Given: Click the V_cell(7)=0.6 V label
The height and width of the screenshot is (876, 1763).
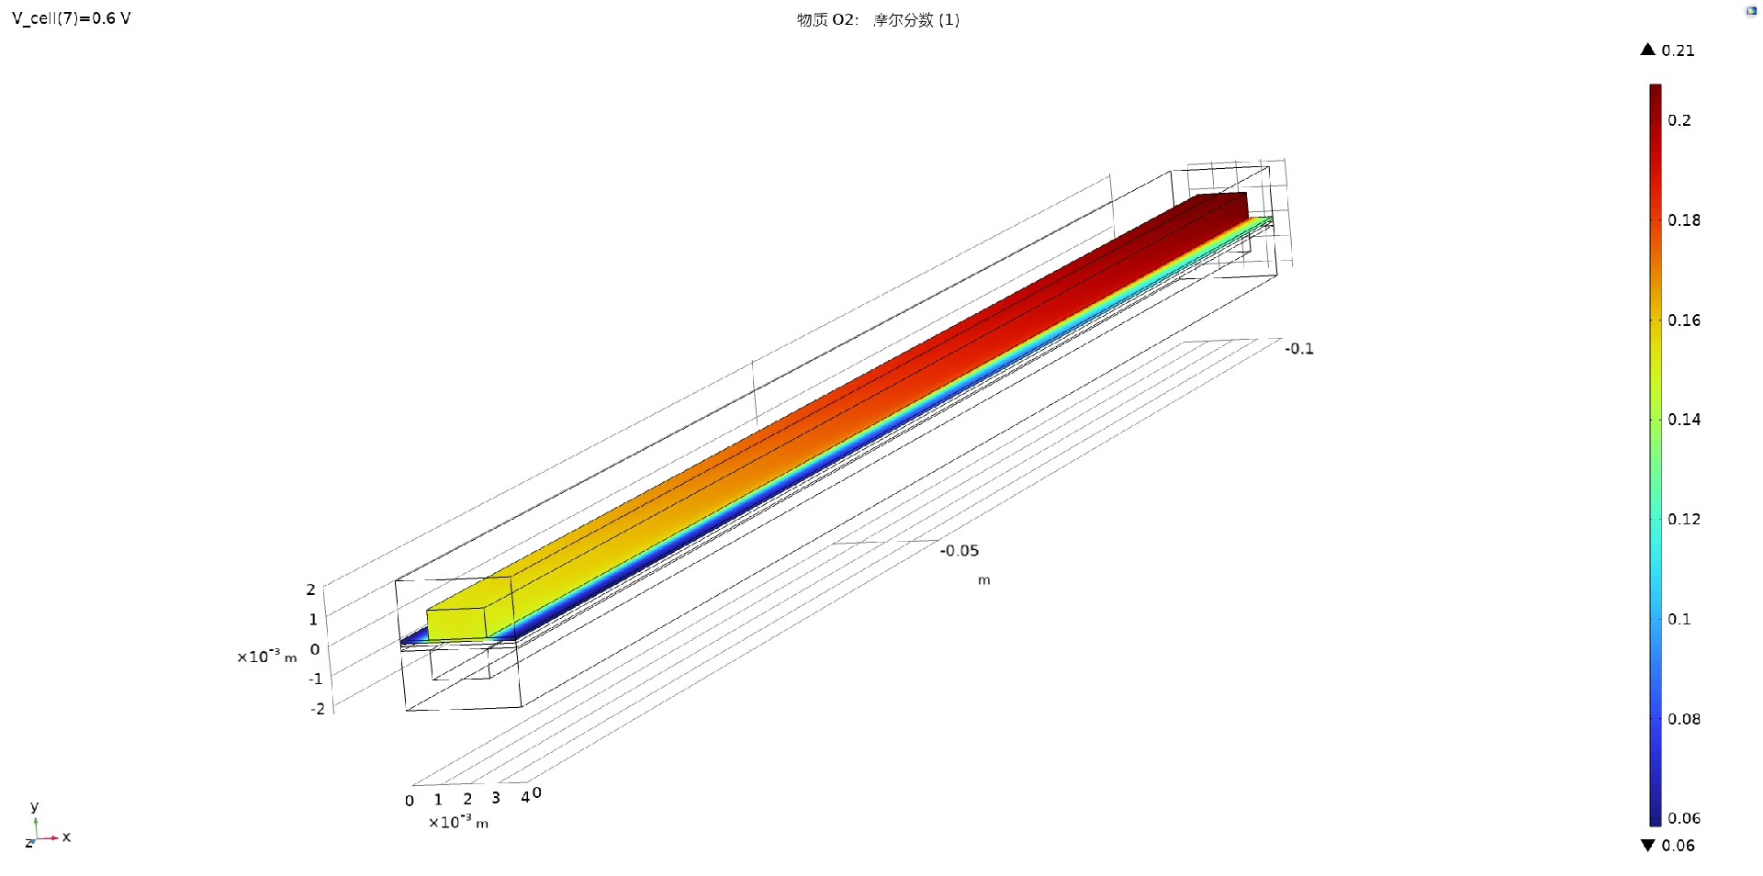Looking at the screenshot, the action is point(72,18).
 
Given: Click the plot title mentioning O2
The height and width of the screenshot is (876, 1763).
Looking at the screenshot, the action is point(878,20).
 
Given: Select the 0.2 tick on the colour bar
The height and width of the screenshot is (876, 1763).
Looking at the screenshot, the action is point(1679,120).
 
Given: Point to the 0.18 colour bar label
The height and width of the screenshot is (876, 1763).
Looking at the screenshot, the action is point(1683,220).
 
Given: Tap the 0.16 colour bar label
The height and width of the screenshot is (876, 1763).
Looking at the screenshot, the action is point(1683,320).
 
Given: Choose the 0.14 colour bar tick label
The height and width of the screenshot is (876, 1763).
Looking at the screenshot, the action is point(1683,420).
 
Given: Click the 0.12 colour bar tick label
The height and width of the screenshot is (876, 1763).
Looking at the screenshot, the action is point(1683,520).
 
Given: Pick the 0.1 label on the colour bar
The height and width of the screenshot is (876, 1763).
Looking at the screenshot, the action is point(1679,619).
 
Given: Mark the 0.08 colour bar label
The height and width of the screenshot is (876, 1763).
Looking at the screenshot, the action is point(1683,719).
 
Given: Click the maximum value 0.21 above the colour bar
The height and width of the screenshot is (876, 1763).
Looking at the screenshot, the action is point(1678,51).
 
